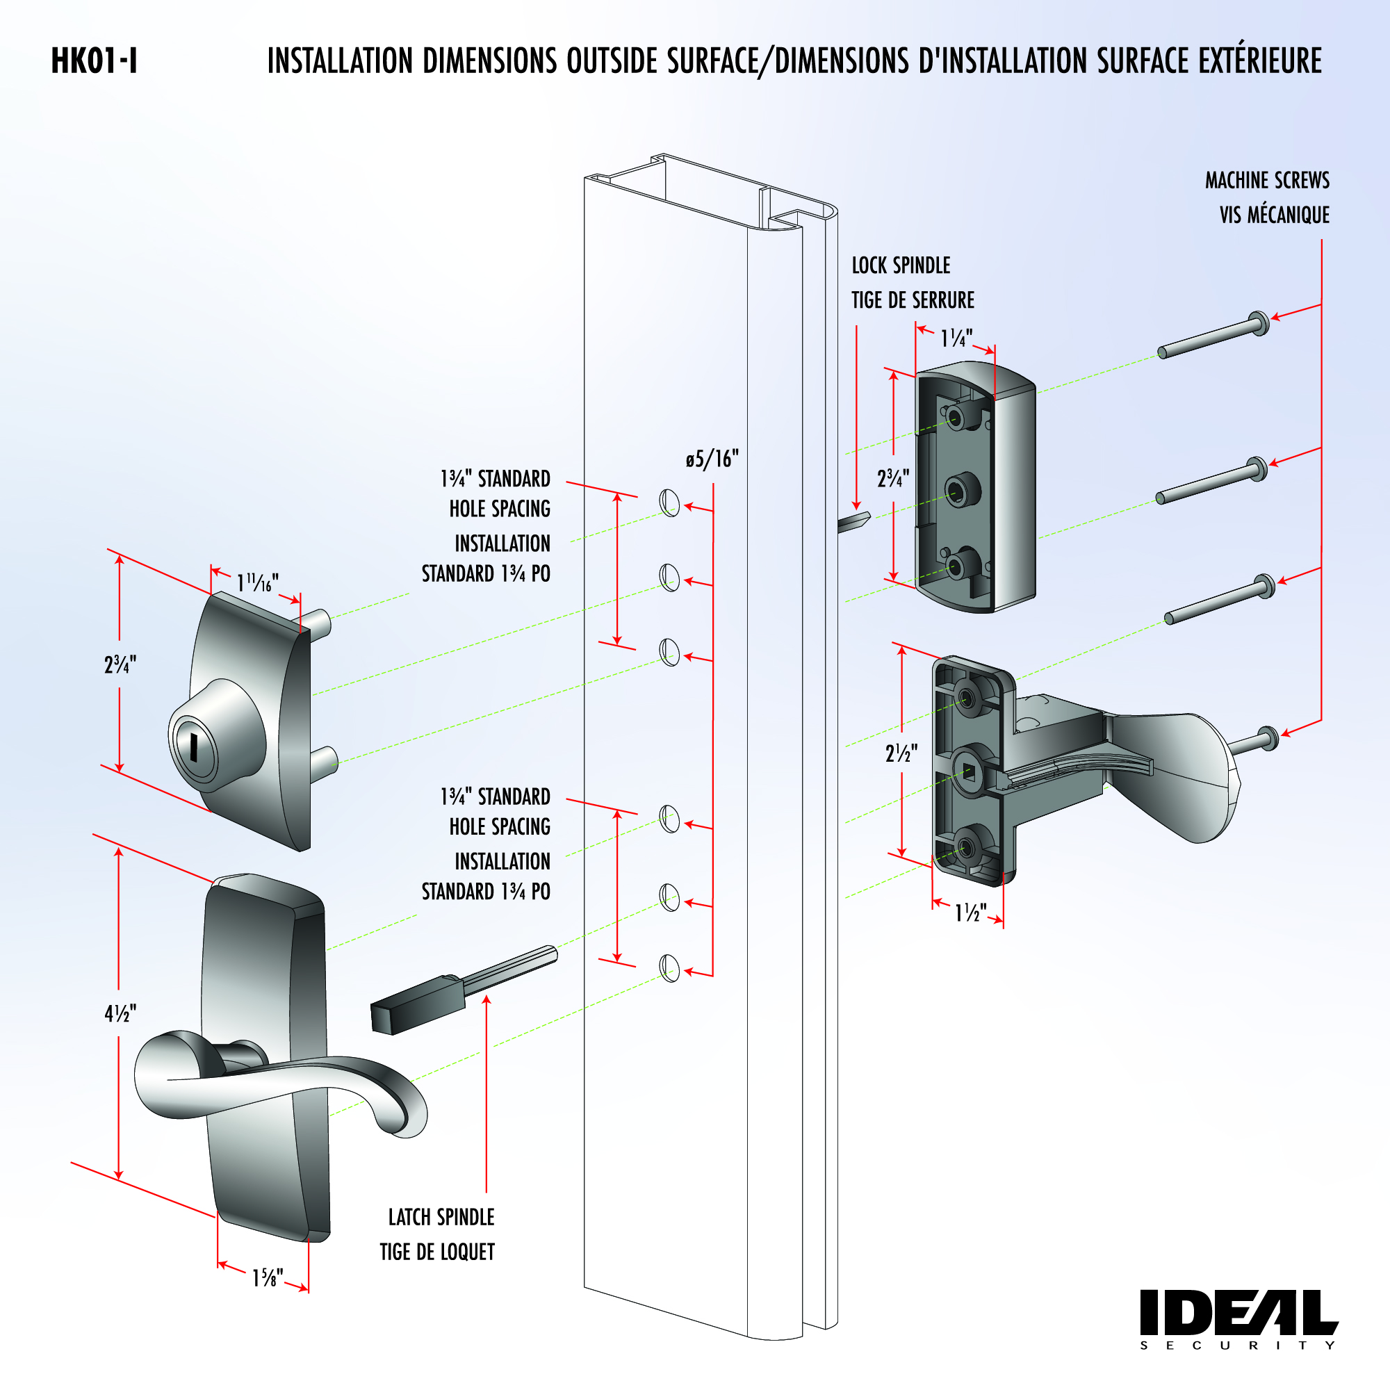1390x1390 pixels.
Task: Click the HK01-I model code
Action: coord(95,61)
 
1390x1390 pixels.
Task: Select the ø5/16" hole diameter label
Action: coord(712,459)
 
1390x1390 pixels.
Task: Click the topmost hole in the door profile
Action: coord(670,502)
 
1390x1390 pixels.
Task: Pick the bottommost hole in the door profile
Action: coord(670,968)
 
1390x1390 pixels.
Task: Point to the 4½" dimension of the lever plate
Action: coord(120,1014)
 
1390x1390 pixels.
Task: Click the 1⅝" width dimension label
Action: coord(267,1279)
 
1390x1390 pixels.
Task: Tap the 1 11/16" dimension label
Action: coord(257,582)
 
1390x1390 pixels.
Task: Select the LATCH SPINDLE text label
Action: coord(441,1218)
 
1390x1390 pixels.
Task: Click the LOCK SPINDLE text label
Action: coord(901,265)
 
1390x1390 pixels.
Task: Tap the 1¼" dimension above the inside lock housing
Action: coord(956,338)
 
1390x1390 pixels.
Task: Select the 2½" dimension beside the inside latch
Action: coord(901,753)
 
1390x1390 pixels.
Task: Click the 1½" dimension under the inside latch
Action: coord(970,913)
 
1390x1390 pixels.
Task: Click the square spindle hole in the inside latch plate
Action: coord(968,774)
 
